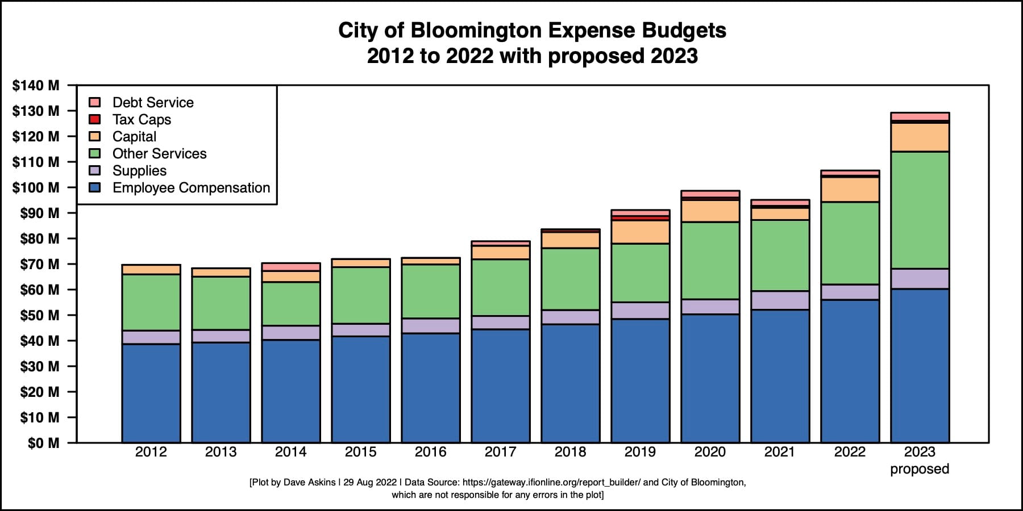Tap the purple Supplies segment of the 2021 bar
tap(780, 300)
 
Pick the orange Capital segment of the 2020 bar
tap(710, 211)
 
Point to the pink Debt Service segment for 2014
tap(290, 267)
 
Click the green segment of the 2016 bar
tap(430, 291)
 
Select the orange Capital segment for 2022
tap(850, 190)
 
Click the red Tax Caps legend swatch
tap(95, 119)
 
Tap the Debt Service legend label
tap(153, 102)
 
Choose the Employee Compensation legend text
tap(191, 188)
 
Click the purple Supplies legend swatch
tap(95, 170)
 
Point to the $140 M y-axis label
tap(36, 86)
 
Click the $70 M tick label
tap(39, 265)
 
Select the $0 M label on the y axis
tap(43, 443)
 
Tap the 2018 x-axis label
tap(570, 452)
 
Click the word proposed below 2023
tap(920, 469)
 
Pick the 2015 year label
tap(360, 452)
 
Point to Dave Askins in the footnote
tap(309, 483)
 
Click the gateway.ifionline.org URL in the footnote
tap(551, 483)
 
